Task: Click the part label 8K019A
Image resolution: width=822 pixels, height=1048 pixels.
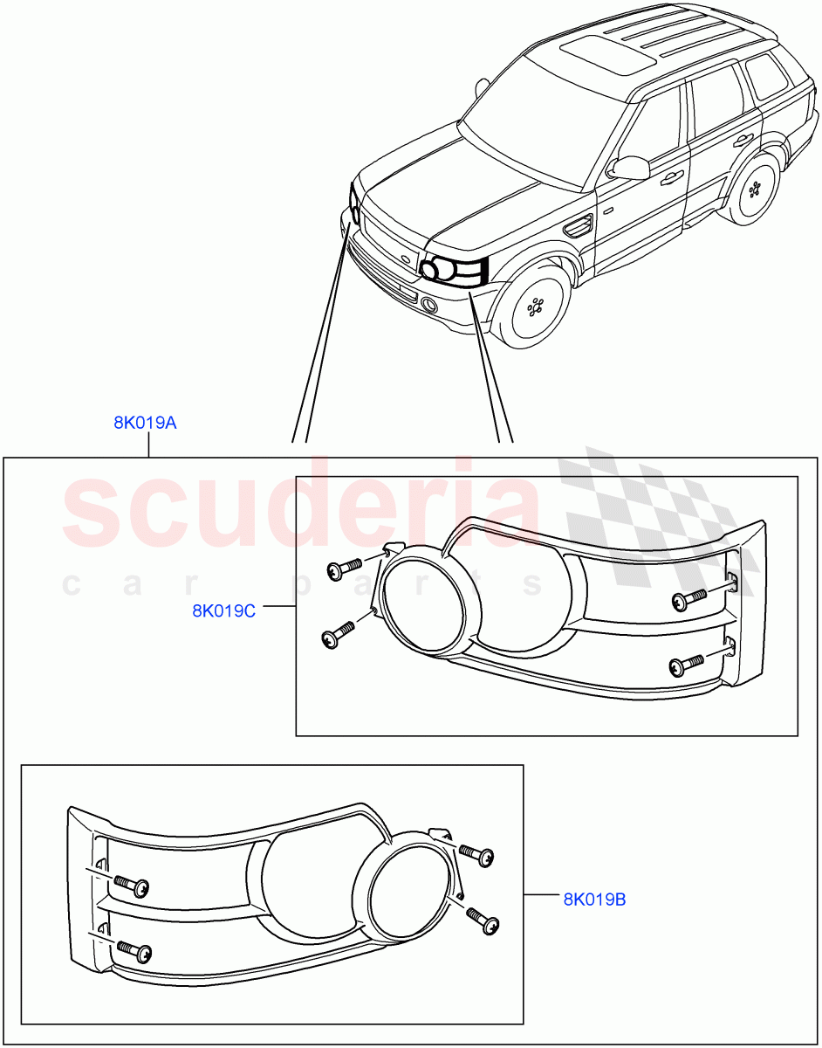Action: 145,424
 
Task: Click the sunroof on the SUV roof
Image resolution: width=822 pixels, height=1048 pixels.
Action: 609,55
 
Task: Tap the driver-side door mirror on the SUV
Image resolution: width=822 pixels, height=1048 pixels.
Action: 628,167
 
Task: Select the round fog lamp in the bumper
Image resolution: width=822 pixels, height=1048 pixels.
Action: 428,304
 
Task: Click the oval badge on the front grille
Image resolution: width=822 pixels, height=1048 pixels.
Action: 404,259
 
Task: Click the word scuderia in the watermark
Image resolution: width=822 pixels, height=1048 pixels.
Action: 301,509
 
